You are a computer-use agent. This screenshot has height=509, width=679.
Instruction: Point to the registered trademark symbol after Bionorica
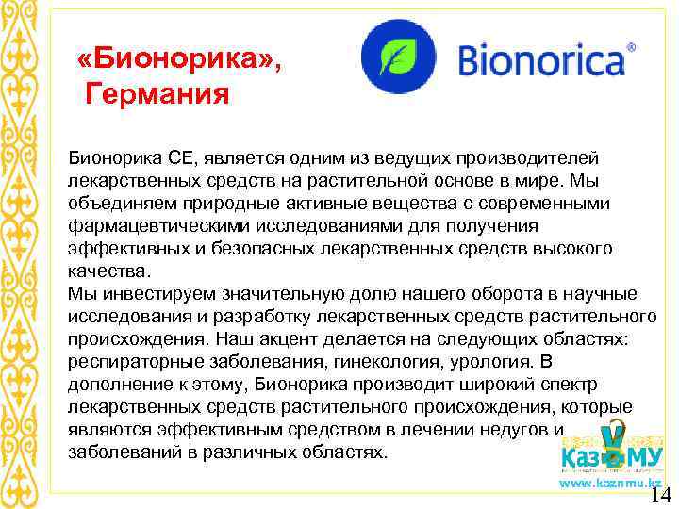click(x=631, y=45)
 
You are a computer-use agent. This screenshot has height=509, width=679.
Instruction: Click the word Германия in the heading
click(x=157, y=94)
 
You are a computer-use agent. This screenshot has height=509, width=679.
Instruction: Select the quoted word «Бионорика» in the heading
click(x=180, y=61)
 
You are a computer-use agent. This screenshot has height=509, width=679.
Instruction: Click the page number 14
click(x=660, y=496)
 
